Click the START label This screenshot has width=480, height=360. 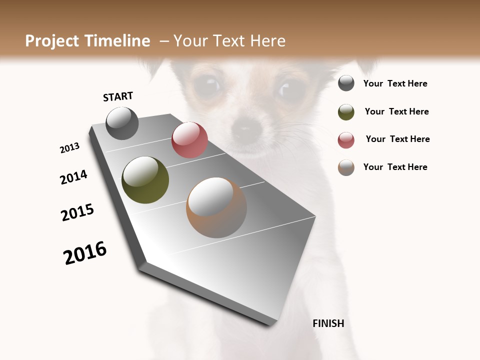click(x=118, y=96)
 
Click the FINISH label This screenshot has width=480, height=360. click(x=328, y=323)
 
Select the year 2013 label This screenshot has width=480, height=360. click(x=70, y=148)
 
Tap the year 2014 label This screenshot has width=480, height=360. click(x=73, y=177)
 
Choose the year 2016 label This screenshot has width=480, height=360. click(x=85, y=253)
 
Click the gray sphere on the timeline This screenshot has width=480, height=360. click(x=122, y=123)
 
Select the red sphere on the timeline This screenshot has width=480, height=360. click(x=189, y=140)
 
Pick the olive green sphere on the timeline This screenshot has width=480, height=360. click(x=145, y=180)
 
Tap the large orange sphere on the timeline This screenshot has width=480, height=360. click(x=216, y=207)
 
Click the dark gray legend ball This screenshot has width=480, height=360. click(x=346, y=83)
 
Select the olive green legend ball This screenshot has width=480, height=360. click(x=346, y=112)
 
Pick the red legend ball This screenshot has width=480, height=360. click(x=346, y=140)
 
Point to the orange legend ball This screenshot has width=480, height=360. click(x=346, y=167)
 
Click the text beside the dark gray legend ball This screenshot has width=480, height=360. click(x=395, y=84)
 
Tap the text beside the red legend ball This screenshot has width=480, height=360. click(x=397, y=139)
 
